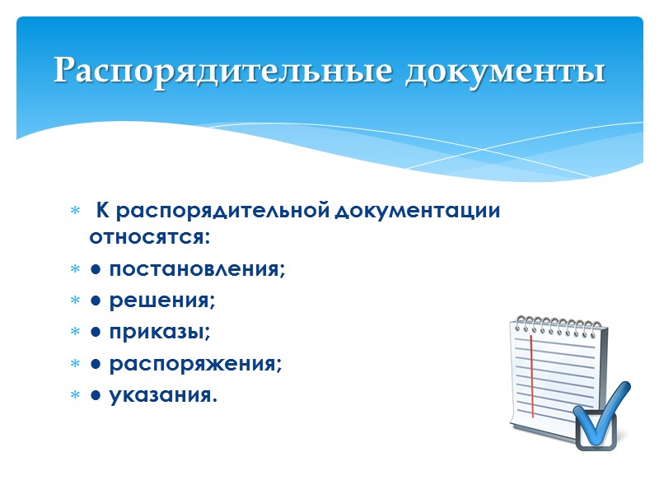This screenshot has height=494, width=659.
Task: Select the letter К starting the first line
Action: (x=103, y=211)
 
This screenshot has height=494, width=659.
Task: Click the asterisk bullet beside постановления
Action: (x=75, y=270)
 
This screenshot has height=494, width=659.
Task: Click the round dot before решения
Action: (x=96, y=301)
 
